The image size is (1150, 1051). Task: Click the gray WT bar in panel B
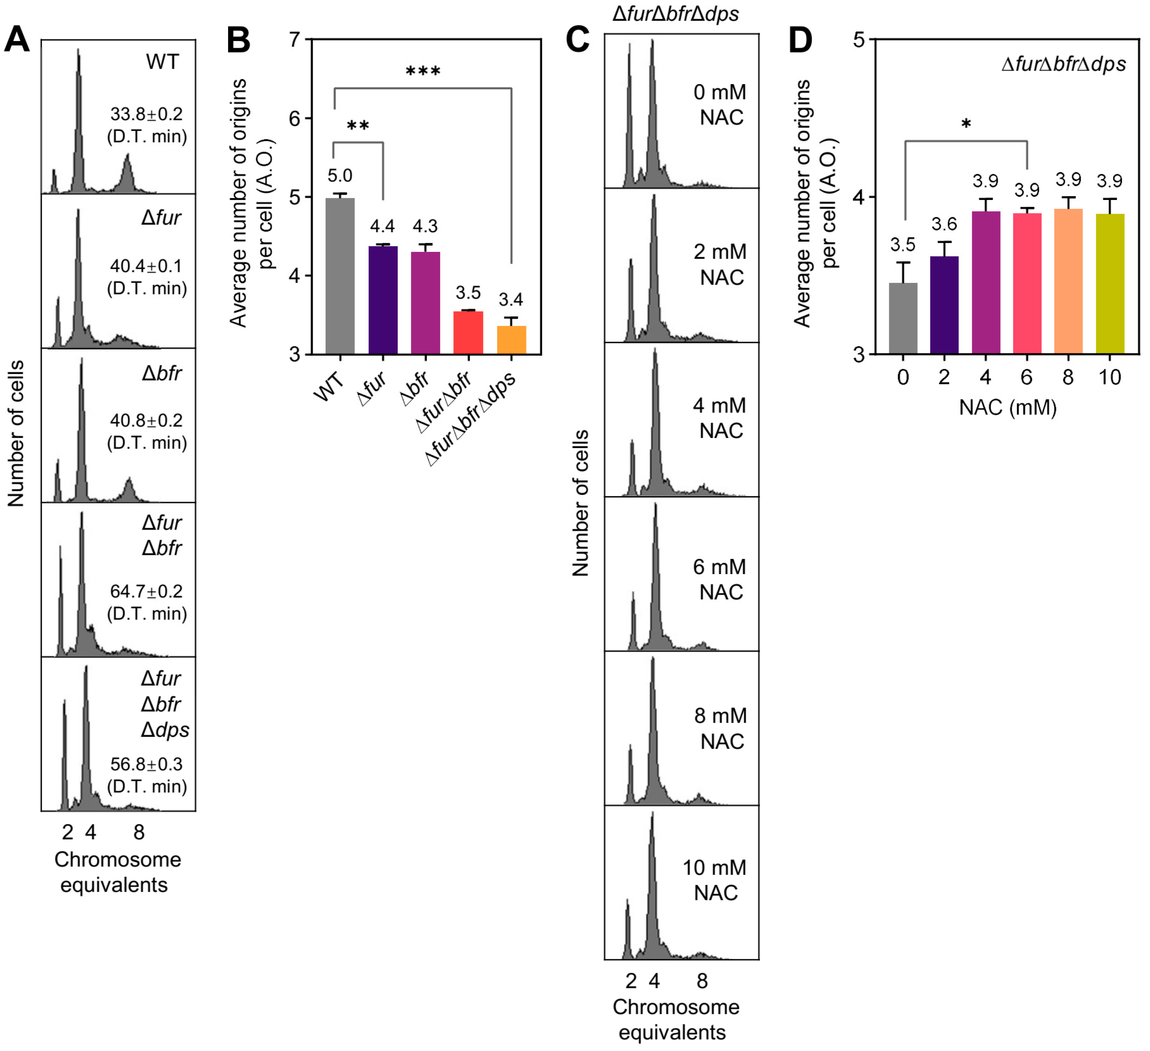(x=340, y=276)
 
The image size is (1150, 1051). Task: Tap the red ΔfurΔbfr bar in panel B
(x=468, y=333)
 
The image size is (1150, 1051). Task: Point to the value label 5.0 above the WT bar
(x=339, y=176)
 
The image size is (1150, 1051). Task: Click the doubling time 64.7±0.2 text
(x=146, y=591)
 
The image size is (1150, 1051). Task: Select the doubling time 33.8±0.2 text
(x=146, y=114)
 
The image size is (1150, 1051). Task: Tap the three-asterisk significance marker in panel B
(x=423, y=72)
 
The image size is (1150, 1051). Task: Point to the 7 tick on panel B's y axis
(x=294, y=40)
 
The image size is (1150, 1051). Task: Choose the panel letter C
(x=577, y=40)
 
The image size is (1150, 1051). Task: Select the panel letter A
(x=17, y=40)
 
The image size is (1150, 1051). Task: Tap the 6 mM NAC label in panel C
(x=720, y=579)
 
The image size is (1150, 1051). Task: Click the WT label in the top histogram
(x=162, y=62)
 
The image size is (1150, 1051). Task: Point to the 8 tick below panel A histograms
(x=139, y=833)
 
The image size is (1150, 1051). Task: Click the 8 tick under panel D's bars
(x=1068, y=377)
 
